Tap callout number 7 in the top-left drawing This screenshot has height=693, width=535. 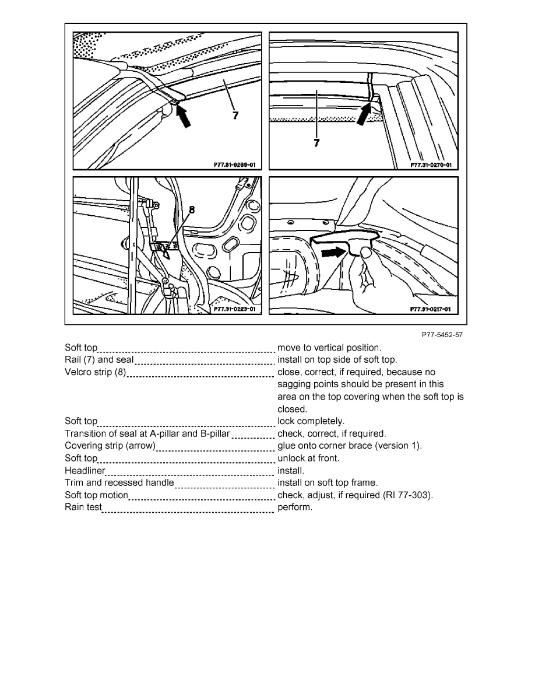click(235, 116)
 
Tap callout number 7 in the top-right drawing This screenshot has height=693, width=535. click(316, 142)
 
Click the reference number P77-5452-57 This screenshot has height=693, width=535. click(443, 335)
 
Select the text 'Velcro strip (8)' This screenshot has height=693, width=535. click(96, 372)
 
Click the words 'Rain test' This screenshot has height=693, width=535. click(83, 508)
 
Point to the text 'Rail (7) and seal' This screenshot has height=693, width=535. click(99, 360)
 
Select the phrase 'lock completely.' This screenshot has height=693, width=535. click(311, 421)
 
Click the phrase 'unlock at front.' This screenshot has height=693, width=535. click(309, 458)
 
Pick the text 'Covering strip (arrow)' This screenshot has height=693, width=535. click(110, 446)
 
